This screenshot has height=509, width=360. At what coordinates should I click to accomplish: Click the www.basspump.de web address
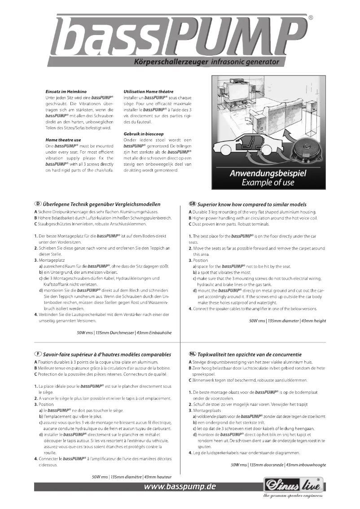pos(179,487)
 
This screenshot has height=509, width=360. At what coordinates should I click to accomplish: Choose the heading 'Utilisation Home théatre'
pos(148,92)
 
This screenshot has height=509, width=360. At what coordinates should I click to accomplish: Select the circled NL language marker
pos(193,354)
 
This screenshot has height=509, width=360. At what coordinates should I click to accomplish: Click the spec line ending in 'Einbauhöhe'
pos(124,333)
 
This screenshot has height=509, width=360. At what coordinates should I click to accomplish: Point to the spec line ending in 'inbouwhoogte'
pos(278,465)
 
